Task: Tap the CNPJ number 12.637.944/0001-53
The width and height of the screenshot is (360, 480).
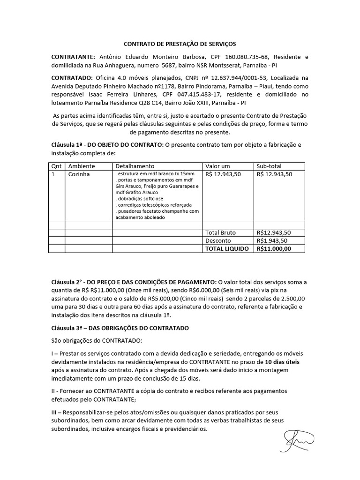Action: pyautogui.click(x=213, y=77)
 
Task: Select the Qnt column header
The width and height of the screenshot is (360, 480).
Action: pyautogui.click(x=56, y=166)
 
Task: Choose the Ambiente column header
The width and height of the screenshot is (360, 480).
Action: pyautogui.click(x=82, y=166)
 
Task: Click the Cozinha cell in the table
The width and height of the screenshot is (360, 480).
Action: pyautogui.click(x=79, y=174)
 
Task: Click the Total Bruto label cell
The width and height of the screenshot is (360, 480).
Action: pyautogui.click(x=220, y=232)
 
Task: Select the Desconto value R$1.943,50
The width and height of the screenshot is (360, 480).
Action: pyautogui.click(x=274, y=241)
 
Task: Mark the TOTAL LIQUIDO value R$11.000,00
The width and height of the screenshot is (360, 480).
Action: pyautogui.click(x=274, y=249)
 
